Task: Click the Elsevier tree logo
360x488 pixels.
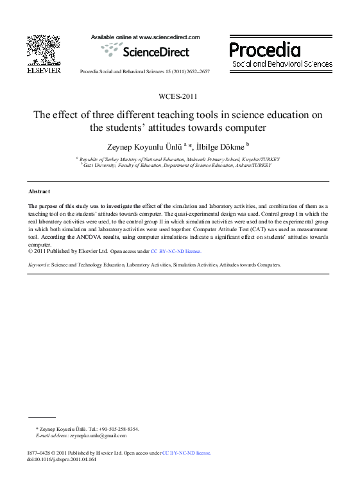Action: click(x=43, y=50)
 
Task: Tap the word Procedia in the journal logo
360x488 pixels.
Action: click(x=265, y=49)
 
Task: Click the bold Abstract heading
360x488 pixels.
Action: click(x=39, y=191)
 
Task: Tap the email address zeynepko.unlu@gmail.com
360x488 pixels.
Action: click(x=99, y=435)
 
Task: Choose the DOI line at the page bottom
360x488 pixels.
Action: click(x=62, y=459)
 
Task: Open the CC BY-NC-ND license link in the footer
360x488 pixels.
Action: click(x=187, y=453)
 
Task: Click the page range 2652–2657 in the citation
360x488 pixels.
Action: click(x=196, y=71)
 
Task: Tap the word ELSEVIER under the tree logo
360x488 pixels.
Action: click(x=43, y=69)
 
